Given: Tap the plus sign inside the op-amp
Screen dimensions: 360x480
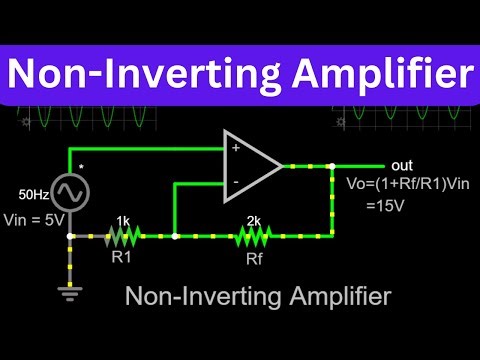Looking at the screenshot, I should click(236, 147).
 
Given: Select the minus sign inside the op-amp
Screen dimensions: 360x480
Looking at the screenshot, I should click(236, 183).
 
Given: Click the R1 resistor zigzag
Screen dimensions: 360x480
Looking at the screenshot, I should click(121, 236).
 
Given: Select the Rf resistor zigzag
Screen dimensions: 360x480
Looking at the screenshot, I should click(254, 236).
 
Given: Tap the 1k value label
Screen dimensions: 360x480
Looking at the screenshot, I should click(121, 219).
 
